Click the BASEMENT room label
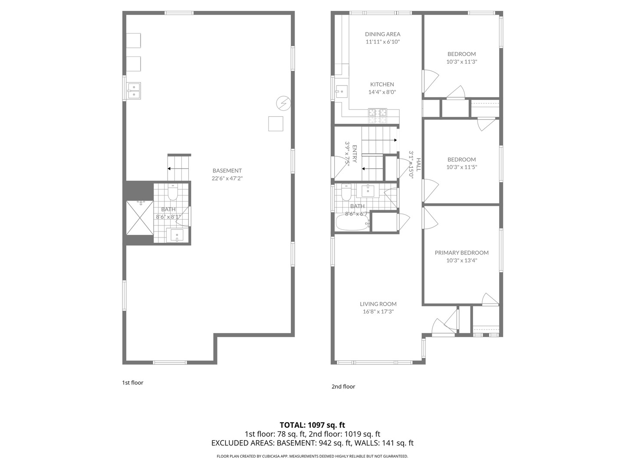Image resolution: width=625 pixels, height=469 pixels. [x=227, y=171]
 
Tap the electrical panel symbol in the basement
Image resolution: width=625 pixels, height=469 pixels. [x=283, y=103]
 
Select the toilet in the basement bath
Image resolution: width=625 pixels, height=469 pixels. [x=173, y=192]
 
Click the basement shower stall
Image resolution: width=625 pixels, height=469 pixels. [x=140, y=218]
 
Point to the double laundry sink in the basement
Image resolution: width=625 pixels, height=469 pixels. [x=134, y=91]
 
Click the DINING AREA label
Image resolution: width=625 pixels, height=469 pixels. [x=382, y=34]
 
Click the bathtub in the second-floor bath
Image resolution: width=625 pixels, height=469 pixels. [x=352, y=223]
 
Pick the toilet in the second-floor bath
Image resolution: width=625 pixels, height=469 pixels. [x=346, y=192]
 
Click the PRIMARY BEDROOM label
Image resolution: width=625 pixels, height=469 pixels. [x=461, y=253]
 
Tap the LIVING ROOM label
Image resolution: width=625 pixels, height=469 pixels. [x=378, y=304]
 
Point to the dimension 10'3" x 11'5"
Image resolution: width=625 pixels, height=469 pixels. [x=461, y=167]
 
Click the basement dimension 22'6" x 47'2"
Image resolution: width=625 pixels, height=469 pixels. [x=227, y=178]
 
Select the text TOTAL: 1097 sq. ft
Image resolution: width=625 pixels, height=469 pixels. [x=312, y=425]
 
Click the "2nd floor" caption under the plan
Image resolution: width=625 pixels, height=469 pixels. [x=343, y=386]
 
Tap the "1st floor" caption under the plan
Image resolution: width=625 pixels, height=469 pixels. [x=132, y=383]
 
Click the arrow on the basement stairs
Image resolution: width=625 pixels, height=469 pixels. [x=175, y=168]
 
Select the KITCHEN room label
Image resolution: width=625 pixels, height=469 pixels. [x=382, y=84]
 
